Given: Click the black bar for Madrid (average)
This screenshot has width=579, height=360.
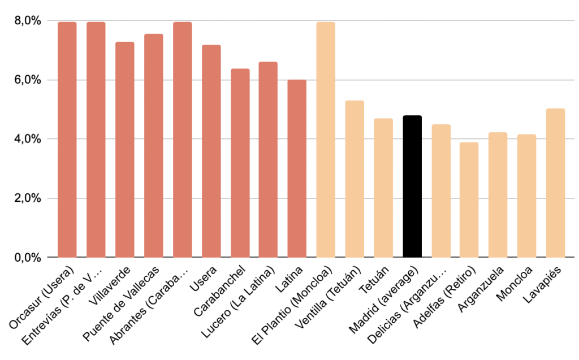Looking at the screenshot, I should (412, 186).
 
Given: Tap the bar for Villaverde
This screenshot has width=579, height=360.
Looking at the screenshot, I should (125, 150).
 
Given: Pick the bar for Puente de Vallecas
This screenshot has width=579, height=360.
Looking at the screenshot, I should (154, 146).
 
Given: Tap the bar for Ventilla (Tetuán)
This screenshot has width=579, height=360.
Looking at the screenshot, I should (355, 179).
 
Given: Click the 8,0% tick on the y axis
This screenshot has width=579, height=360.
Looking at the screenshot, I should (28, 21).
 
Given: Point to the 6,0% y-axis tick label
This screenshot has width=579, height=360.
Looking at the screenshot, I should (28, 80).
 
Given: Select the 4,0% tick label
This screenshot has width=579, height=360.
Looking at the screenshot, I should (28, 139).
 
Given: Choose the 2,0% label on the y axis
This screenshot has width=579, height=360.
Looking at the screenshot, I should (28, 198).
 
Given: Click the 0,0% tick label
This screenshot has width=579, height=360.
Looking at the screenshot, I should (28, 258).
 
